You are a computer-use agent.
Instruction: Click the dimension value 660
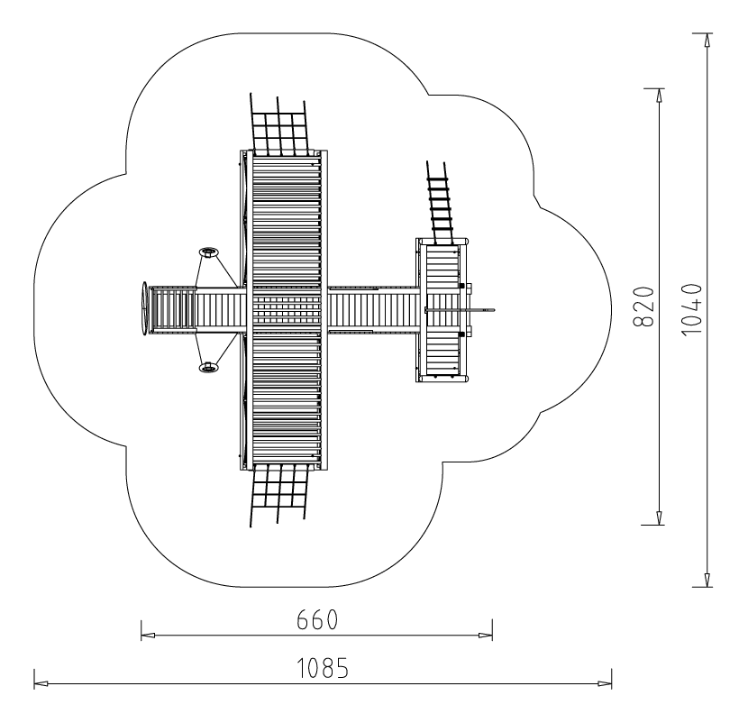[x=317, y=619]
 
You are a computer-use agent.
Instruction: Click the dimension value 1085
[x=323, y=668]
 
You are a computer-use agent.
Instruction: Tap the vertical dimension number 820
[x=643, y=307]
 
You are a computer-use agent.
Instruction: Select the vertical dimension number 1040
[x=692, y=310]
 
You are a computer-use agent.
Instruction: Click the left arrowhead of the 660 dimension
[x=148, y=636]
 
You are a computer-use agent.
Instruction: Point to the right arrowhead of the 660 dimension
[x=486, y=636]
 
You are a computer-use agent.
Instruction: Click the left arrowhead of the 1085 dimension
[x=41, y=683]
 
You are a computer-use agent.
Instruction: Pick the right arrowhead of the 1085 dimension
[x=605, y=683]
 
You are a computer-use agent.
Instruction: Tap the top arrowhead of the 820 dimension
[x=660, y=96]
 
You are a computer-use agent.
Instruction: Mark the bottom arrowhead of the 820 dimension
[x=660, y=517]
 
